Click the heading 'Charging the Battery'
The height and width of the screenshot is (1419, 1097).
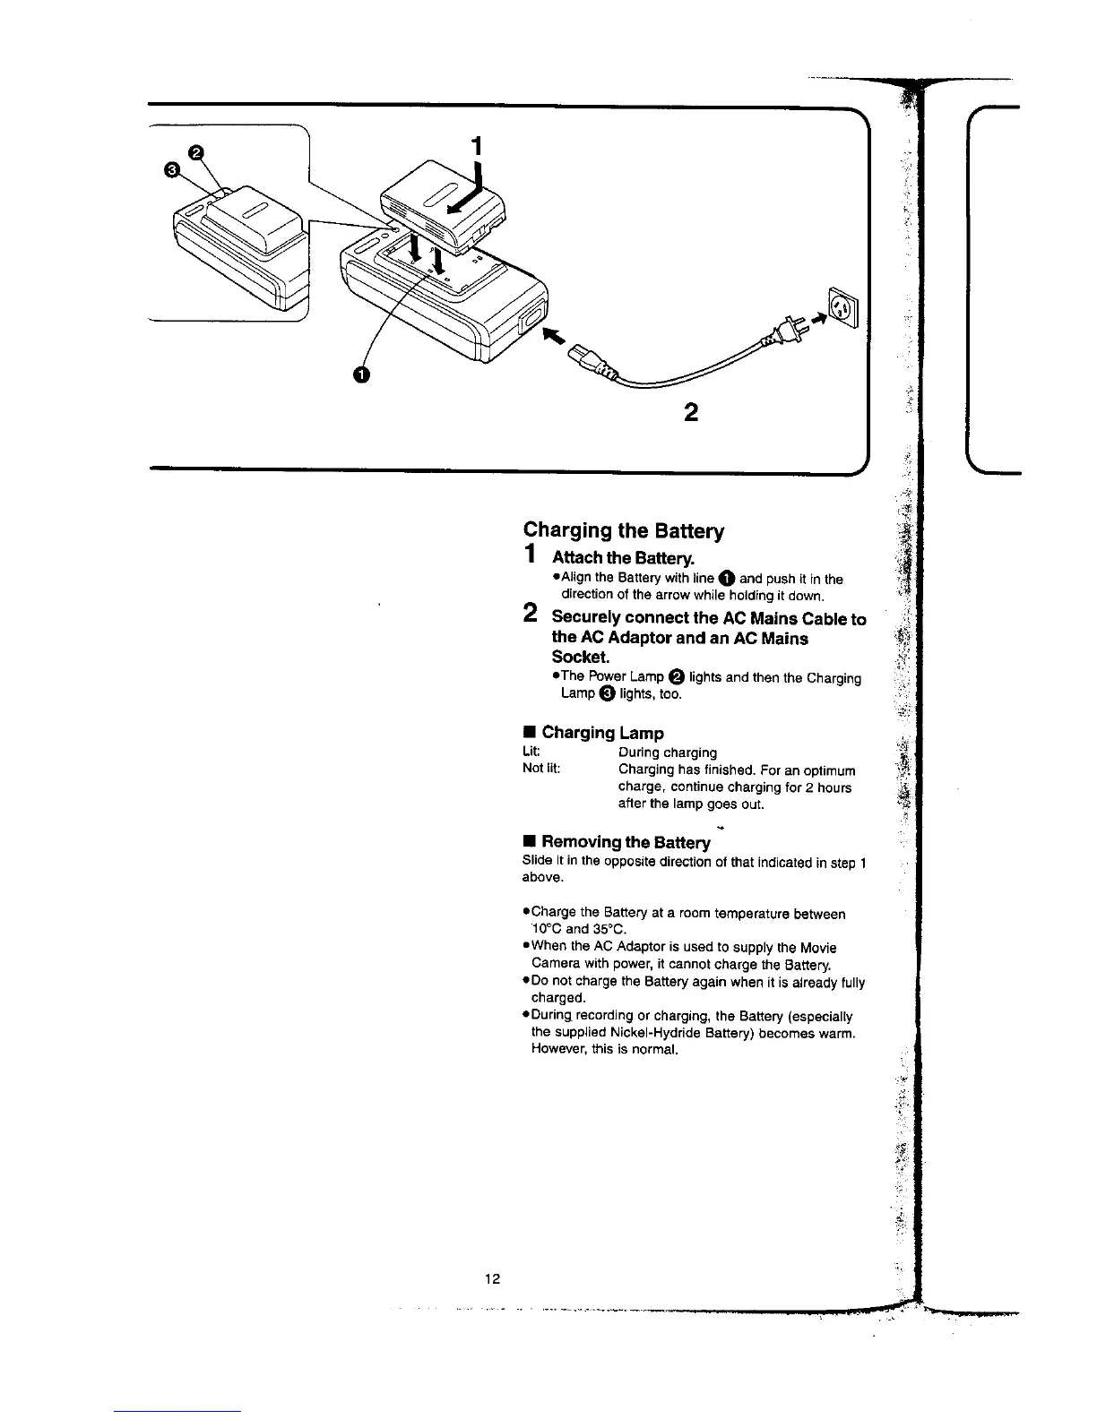tap(624, 531)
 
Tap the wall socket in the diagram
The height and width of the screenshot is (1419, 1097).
tap(842, 308)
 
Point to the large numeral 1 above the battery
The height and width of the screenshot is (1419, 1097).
tap(477, 145)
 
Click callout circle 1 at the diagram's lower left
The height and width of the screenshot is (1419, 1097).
tap(360, 374)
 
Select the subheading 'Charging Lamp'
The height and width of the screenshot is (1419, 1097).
tap(602, 733)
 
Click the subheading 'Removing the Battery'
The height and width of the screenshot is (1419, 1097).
tap(626, 842)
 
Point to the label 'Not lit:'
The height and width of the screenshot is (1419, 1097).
tap(541, 770)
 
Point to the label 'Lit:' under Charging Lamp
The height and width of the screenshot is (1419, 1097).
tap(531, 752)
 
